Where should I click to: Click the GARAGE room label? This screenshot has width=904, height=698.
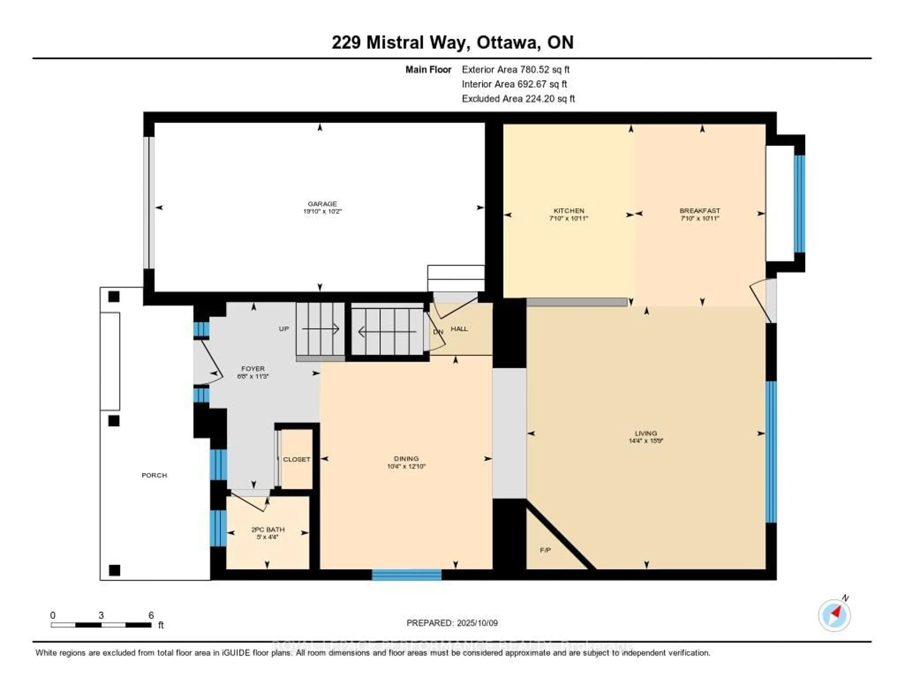pyautogui.click(x=322, y=204)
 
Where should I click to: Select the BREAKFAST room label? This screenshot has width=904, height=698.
pyautogui.click(x=699, y=211)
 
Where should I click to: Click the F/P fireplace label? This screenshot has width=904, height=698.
pyautogui.click(x=545, y=550)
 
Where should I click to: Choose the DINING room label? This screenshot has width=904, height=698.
pyautogui.click(x=406, y=458)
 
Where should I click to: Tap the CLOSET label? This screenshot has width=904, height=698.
pyautogui.click(x=296, y=459)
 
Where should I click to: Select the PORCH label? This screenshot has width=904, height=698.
pyautogui.click(x=154, y=475)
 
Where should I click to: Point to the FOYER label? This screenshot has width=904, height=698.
pyautogui.click(x=253, y=369)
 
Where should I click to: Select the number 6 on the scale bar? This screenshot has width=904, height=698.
pyautogui.click(x=151, y=615)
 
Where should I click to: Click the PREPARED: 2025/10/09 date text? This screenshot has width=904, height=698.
pyautogui.click(x=452, y=623)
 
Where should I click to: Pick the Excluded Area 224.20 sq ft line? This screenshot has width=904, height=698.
pyautogui.click(x=518, y=98)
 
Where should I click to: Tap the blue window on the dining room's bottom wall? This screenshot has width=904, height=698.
pyautogui.click(x=407, y=575)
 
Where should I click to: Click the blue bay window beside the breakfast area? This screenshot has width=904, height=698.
pyautogui.click(x=799, y=204)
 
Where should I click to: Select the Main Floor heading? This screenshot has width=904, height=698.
pyautogui.click(x=428, y=69)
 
